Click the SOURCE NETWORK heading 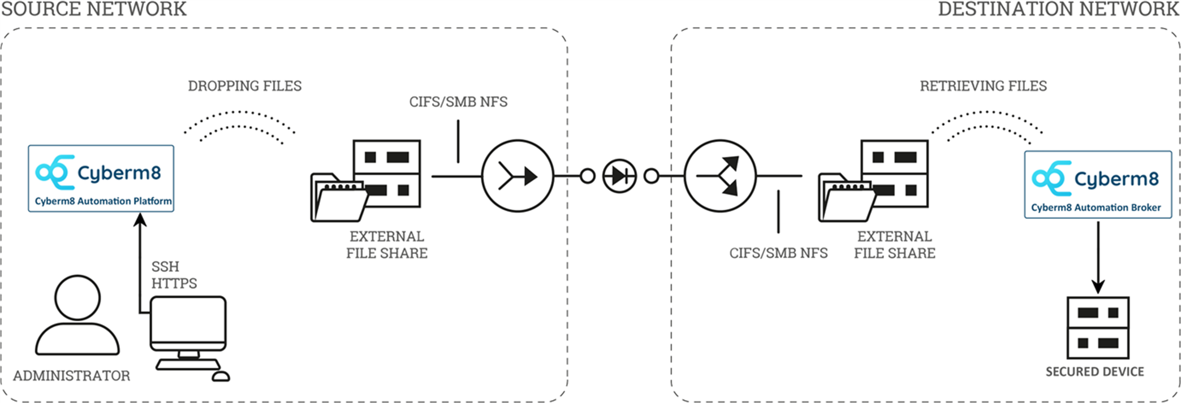(94, 9)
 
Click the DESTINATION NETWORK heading (1058, 9)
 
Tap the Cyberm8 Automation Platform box (101, 179)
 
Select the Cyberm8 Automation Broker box (1098, 184)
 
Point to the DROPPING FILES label (245, 86)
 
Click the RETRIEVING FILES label (983, 86)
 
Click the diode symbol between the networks (619, 176)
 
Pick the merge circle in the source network (517, 176)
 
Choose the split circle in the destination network (720, 176)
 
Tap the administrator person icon (77, 317)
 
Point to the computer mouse (221, 376)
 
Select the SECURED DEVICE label (1094, 372)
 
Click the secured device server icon (1098, 328)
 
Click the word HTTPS (174, 283)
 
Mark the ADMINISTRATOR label (72, 376)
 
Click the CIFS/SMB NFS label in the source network (458, 102)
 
